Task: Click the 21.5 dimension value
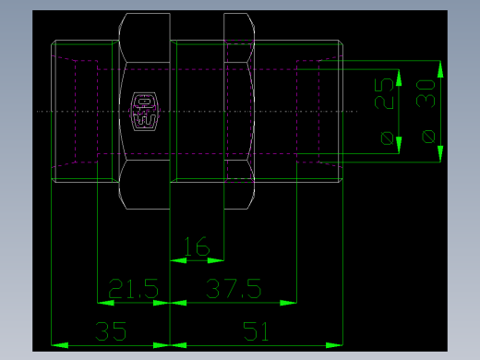pyautogui.click(x=134, y=288)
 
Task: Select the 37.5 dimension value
pyautogui.click(x=233, y=288)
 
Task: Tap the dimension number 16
pyautogui.click(x=197, y=246)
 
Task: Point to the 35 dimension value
pyautogui.click(x=111, y=330)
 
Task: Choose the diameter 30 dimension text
pyautogui.click(x=427, y=94)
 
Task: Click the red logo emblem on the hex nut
pyautogui.click(x=146, y=110)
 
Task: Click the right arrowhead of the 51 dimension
pyautogui.click(x=333, y=345)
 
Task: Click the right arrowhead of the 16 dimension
pyautogui.click(x=216, y=259)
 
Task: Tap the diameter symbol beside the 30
pyautogui.click(x=427, y=137)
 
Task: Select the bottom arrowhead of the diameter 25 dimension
pyautogui.click(x=400, y=143)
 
